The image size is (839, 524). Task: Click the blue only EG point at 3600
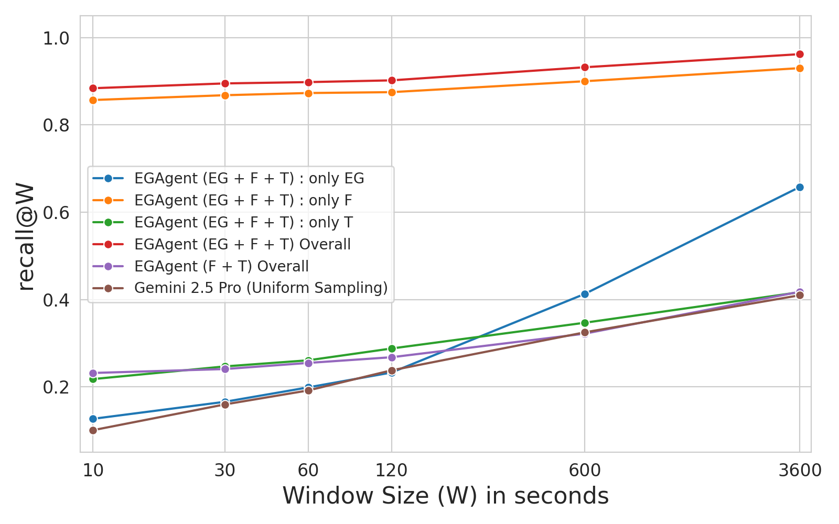(x=800, y=187)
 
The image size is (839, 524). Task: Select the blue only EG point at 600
(x=585, y=294)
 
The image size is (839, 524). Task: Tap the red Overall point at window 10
(x=93, y=88)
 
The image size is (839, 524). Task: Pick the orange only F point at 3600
(x=800, y=68)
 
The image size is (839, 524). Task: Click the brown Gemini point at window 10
(x=93, y=430)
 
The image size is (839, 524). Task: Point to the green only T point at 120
(x=392, y=348)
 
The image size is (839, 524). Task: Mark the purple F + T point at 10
(x=93, y=373)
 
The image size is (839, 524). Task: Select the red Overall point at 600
(x=585, y=67)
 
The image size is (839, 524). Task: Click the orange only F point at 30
(x=225, y=95)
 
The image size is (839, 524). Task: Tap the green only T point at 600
(x=585, y=323)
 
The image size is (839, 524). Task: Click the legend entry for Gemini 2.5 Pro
(x=261, y=288)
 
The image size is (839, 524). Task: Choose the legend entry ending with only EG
(x=249, y=178)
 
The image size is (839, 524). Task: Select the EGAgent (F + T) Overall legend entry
(x=221, y=266)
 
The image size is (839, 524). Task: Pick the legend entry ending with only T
(x=243, y=222)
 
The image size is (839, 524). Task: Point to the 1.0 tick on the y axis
(x=58, y=38)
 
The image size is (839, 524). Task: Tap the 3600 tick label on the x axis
(x=800, y=471)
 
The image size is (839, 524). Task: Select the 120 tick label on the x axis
(x=392, y=471)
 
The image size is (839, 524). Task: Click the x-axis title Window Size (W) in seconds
(x=446, y=496)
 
